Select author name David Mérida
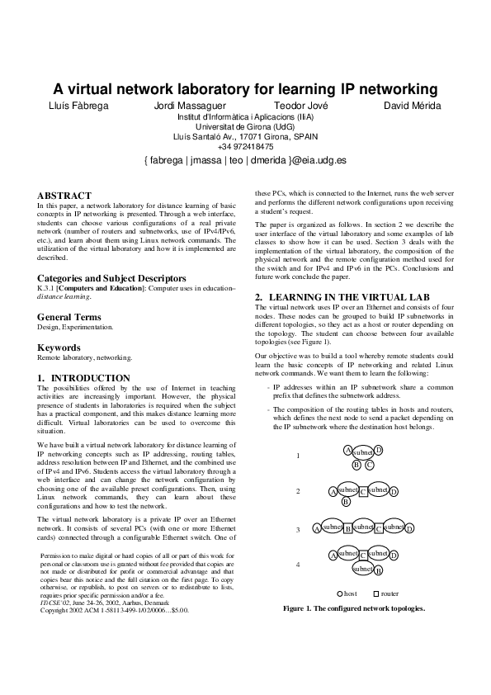[x=413, y=106]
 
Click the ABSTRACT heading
[x=64, y=195]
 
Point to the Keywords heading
[x=59, y=348]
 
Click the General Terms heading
[x=68, y=317]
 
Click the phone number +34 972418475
[x=245, y=147]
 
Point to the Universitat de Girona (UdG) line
[x=245, y=127]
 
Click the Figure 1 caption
[x=353, y=608]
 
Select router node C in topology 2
[x=363, y=491]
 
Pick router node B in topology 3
[x=348, y=528]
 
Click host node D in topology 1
[x=379, y=449]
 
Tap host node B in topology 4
[x=378, y=570]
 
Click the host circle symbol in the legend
[x=339, y=593]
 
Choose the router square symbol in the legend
[x=376, y=593]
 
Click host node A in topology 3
[x=316, y=527]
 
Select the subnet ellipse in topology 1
[x=362, y=453]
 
